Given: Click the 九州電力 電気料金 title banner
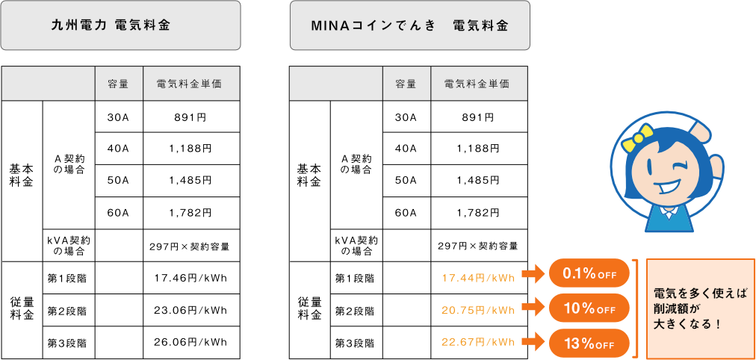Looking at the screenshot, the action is (120, 25).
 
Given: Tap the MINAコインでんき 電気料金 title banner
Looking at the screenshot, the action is (410, 25).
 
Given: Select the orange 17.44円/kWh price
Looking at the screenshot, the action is (479, 278).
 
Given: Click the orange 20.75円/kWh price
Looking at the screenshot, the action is (479, 311).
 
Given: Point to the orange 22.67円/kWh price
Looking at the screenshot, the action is (479, 343).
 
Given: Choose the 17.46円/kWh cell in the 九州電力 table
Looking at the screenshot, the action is (191, 278).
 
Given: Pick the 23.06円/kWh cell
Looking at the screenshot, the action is (191, 311).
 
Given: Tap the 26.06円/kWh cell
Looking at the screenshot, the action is (191, 343).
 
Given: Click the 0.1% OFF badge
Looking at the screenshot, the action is (589, 273).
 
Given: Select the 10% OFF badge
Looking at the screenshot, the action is (589, 309).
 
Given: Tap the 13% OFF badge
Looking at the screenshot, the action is (589, 344).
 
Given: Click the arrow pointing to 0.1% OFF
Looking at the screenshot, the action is (533, 273).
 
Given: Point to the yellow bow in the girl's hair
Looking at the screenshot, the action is (636, 137).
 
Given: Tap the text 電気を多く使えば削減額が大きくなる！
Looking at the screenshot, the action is (699, 308).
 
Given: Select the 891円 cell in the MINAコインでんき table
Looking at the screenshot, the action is (479, 117).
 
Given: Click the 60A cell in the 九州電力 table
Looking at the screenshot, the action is (119, 213).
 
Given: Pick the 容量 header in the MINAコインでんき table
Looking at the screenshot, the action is (406, 84).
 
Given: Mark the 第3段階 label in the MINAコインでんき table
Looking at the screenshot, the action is (355, 343).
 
